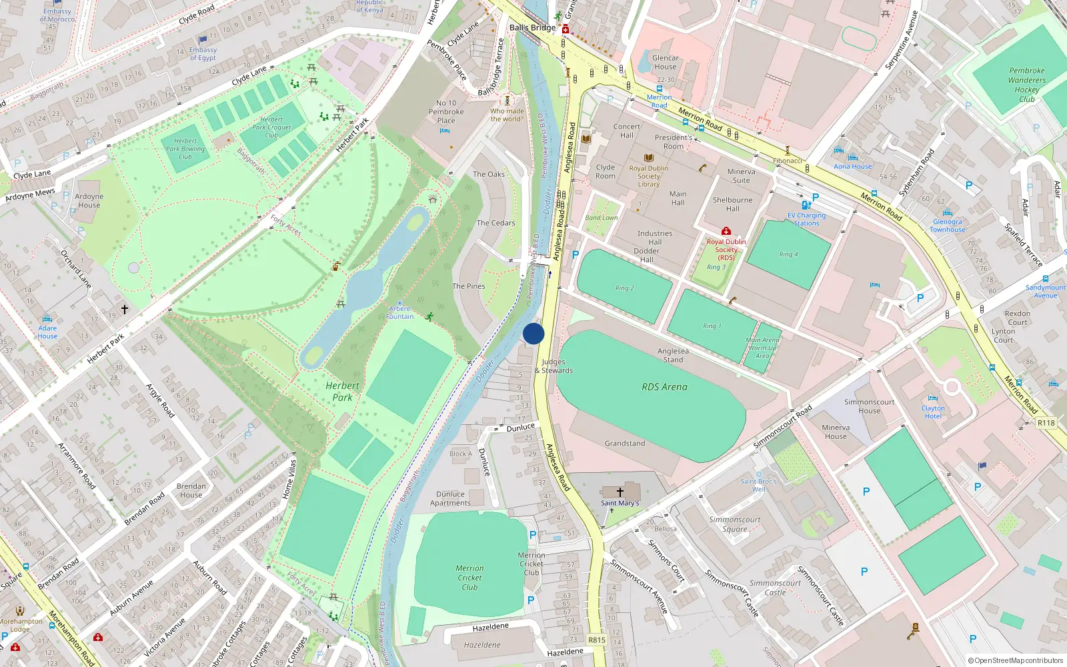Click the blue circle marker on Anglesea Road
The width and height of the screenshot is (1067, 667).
tap(533, 333)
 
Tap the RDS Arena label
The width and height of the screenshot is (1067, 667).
tap(664, 387)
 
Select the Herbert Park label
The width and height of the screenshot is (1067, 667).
tap(342, 392)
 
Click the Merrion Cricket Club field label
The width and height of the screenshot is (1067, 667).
tap(469, 578)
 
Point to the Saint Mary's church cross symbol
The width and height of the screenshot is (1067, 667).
tap(620, 492)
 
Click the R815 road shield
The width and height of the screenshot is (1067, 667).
tap(597, 640)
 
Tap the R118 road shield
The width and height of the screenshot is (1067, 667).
tap(1046, 423)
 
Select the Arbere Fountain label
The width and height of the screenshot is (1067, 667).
tap(400, 312)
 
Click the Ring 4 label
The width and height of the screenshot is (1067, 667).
tap(788, 254)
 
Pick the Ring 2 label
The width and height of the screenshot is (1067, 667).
tap(624, 287)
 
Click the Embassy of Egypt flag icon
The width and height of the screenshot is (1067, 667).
tap(203, 40)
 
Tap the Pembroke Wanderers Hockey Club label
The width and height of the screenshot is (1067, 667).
tap(1027, 85)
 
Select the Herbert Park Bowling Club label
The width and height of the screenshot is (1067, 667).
tap(185, 149)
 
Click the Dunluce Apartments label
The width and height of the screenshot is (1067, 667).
tap(450, 499)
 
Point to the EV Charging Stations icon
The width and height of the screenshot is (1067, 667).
tap(806, 205)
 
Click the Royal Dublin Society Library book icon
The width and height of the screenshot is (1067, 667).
tap(648, 158)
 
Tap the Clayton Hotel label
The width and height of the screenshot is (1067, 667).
tap(933, 412)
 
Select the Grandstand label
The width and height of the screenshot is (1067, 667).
tap(625, 443)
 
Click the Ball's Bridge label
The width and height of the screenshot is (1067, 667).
tap(532, 27)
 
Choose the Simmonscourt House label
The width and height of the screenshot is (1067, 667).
tap(869, 406)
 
